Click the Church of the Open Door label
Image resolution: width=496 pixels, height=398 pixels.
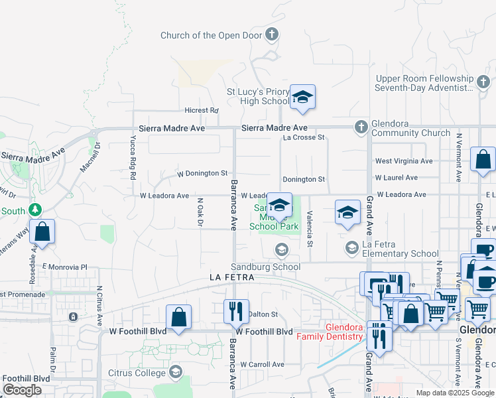tap(212, 35)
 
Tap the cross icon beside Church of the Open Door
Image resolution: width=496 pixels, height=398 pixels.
tap(271, 34)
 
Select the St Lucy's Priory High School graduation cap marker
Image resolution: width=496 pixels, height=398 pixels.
tap(302, 97)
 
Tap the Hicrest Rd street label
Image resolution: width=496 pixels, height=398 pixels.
tap(202, 110)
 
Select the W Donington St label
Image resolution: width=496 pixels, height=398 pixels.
tap(202, 173)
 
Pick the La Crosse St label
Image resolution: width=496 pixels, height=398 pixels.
tap(303, 137)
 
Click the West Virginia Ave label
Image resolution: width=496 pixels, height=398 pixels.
tap(403, 161)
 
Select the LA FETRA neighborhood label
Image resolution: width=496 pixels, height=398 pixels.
tap(232, 277)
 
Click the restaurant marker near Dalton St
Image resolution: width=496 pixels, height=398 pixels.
tap(237, 310)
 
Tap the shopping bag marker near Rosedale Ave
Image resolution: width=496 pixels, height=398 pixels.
tap(42, 232)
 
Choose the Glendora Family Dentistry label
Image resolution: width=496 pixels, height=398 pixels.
tap(345, 332)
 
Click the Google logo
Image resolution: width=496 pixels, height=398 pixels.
tap(22, 390)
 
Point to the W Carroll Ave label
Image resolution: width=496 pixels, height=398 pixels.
tap(262, 364)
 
